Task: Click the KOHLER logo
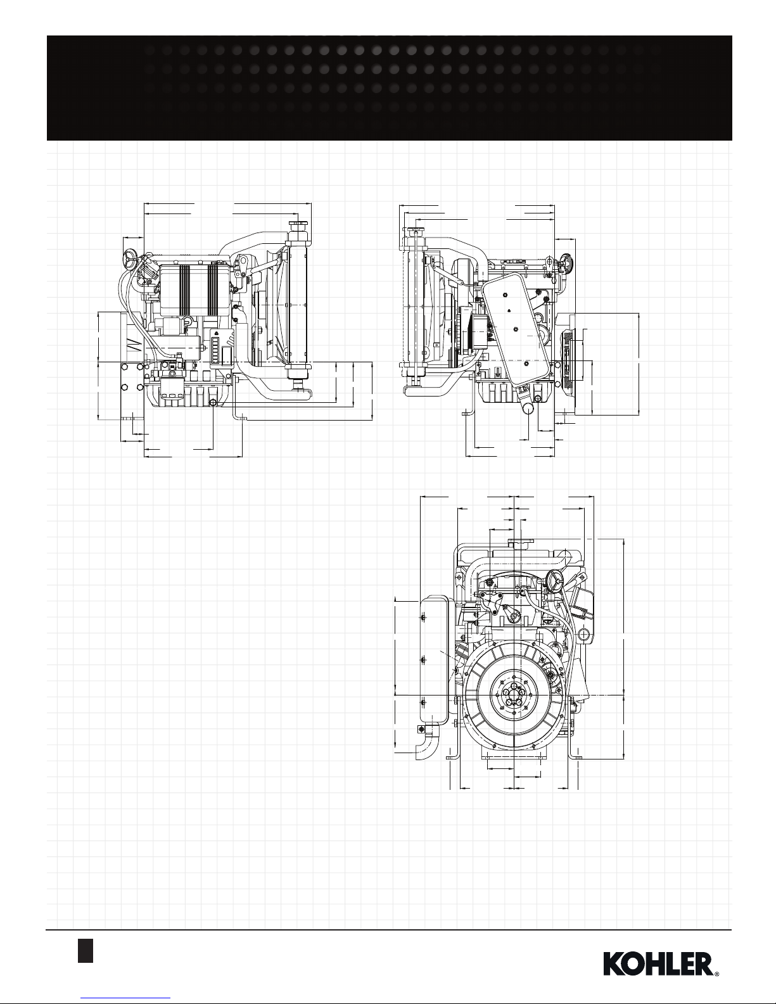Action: click(x=661, y=962)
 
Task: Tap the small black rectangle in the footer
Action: click(x=86, y=950)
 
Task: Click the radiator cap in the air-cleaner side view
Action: click(x=298, y=226)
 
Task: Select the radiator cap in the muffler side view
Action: click(x=414, y=231)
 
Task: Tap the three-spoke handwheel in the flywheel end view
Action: click(x=554, y=578)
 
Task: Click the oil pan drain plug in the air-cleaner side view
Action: click(x=213, y=403)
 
